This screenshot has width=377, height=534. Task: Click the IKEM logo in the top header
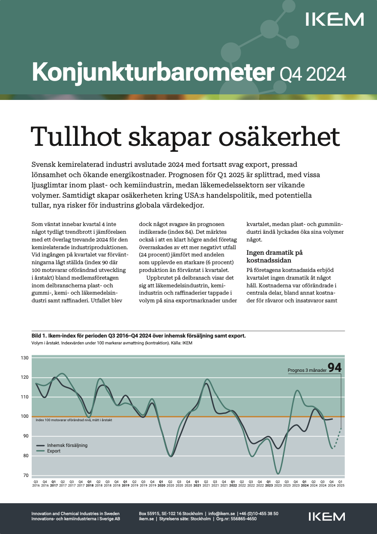point(335,19)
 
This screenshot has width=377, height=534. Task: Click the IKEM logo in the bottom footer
point(327,516)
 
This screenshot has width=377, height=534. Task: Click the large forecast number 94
point(335,368)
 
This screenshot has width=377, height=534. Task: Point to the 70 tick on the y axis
point(26,475)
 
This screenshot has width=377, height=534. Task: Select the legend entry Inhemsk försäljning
point(67,445)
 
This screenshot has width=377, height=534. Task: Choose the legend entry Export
point(54,451)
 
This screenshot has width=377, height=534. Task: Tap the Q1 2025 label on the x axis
point(341,484)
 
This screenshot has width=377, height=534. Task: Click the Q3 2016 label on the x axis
point(36,484)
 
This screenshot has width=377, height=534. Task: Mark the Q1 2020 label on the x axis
point(161,484)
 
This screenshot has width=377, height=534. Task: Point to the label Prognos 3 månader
point(306,369)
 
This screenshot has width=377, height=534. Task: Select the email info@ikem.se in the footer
point(221,513)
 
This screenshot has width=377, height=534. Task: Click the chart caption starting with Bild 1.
point(139,336)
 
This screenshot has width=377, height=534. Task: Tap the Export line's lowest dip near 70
point(278,474)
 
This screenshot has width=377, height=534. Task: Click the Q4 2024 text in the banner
point(313,74)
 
